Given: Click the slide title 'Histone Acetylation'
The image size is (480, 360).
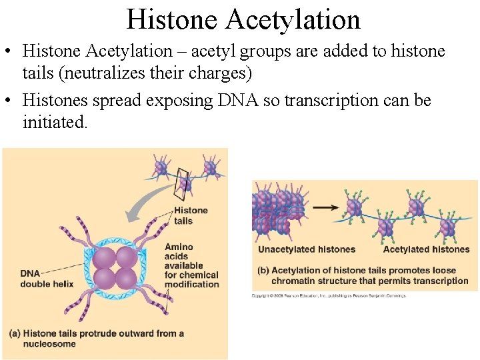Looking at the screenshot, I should coord(243,19).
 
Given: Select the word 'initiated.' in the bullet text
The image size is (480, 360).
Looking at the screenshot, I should coord(55,122).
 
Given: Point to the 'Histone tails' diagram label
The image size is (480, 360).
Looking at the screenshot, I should coord(191,216).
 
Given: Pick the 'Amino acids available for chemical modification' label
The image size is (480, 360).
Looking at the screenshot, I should coord(191,265).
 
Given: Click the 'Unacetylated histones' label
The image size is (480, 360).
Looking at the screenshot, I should coord(307,249).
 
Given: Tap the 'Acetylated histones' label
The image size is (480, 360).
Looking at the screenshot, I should coord(426,249).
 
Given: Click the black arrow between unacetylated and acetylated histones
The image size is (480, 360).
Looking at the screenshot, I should coord(325,207).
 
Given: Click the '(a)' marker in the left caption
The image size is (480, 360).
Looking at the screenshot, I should coord(16,333).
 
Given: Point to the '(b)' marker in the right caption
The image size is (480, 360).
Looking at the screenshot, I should coord(263,271).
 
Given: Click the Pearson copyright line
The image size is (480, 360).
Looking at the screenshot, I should coord(328,295).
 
